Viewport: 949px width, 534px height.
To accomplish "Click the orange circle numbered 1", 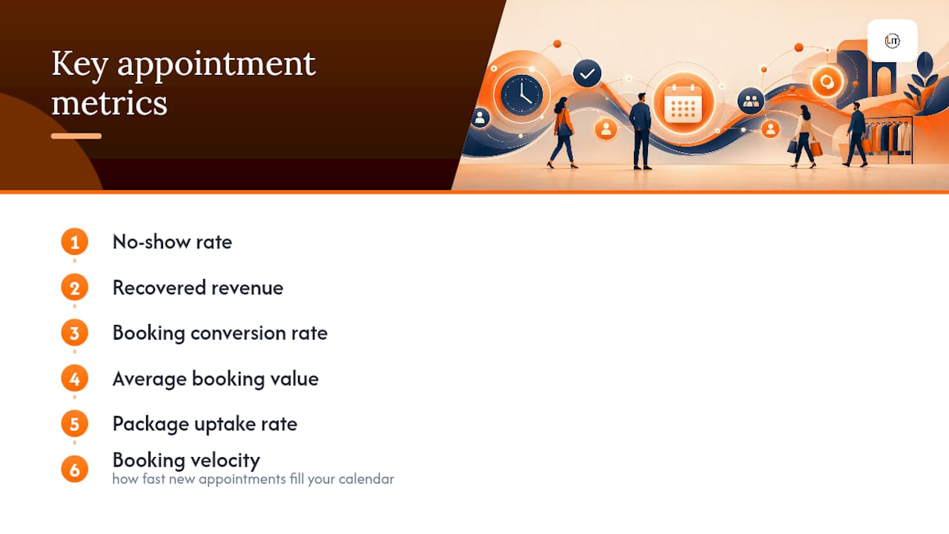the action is [75, 242].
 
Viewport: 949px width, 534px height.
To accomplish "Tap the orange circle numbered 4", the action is [75, 378].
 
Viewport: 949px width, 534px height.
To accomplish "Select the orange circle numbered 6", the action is [75, 469].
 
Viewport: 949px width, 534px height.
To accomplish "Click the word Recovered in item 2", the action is [159, 288].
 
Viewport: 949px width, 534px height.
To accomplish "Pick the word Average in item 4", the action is [150, 379].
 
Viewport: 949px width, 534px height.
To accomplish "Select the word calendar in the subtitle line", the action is [366, 479].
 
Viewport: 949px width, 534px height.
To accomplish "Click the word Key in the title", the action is [80, 64].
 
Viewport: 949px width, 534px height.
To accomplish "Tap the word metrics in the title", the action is [109, 103].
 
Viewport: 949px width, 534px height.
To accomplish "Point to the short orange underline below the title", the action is [76, 136].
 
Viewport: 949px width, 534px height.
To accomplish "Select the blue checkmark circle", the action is [586, 73].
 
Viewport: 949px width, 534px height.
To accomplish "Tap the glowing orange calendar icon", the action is [683, 103].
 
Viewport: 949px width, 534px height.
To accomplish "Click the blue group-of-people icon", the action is [751, 101].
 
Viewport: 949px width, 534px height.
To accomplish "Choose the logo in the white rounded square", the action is [892, 41].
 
